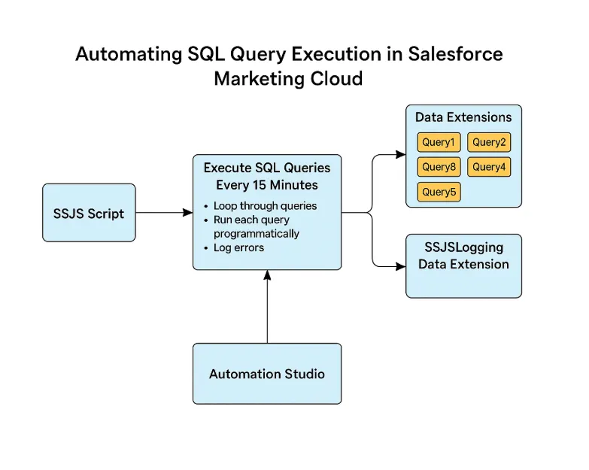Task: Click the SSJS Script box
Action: [x=89, y=213]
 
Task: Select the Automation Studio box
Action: [x=267, y=374]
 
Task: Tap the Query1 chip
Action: [x=439, y=142]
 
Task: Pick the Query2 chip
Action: [x=489, y=142]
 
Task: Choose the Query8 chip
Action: [x=439, y=167]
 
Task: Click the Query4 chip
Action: [x=489, y=167]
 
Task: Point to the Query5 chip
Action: [x=439, y=192]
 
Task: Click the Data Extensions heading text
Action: [x=463, y=117]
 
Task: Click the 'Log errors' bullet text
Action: [x=238, y=247]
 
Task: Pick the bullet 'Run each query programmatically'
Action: [x=256, y=226]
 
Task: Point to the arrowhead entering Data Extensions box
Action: [x=401, y=156]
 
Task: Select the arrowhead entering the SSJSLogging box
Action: [x=401, y=265]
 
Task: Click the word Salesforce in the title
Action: [x=456, y=54]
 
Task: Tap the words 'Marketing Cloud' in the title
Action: [x=288, y=78]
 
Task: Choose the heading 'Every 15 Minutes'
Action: [x=267, y=185]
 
